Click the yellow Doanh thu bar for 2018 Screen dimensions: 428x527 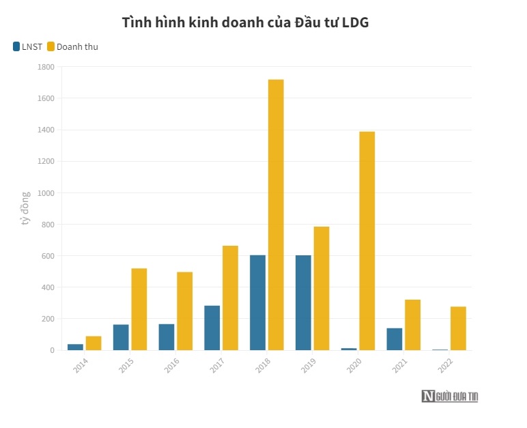pos(276,215)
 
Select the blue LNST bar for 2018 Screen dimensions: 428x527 pos(257,302)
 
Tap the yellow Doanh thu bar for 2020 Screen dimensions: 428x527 pos(367,241)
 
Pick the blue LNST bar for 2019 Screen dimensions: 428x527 pos(303,302)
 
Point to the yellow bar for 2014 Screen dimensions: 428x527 pos(94,343)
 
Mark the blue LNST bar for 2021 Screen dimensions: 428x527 pos(394,339)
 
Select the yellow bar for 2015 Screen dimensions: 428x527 pos(139,309)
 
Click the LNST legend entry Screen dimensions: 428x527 pos(27,47)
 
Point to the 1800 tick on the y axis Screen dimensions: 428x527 pos(46,67)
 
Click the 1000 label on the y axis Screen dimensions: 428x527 pos(46,193)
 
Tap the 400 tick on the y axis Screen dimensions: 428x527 pos(46,287)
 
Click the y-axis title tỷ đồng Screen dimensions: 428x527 pos(25,208)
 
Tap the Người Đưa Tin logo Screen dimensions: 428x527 pos(449,396)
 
